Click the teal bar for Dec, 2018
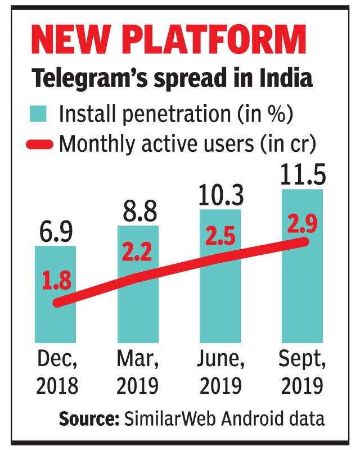coord(55,326)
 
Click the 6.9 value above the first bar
coord(55,232)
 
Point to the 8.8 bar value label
coord(138,211)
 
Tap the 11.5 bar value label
coord(302,174)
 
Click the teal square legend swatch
coord(38,114)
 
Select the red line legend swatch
coord(39,145)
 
